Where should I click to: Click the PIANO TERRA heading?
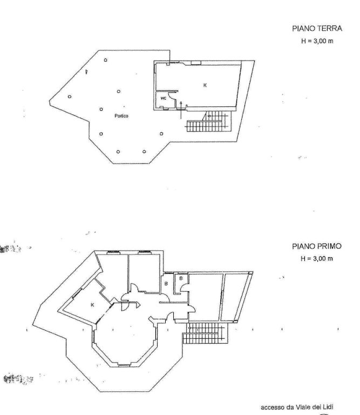click(317, 29)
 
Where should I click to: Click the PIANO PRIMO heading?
click(317, 246)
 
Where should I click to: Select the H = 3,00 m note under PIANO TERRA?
click(317, 41)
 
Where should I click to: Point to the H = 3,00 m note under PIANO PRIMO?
click(317, 259)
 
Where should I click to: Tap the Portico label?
click(121, 116)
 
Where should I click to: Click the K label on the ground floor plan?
click(205, 85)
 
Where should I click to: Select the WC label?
click(164, 98)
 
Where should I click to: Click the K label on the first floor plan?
click(92, 305)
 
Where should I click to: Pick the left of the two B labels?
click(166, 284)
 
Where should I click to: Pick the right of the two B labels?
click(181, 278)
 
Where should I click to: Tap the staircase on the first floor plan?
click(206, 333)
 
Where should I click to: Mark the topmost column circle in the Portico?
click(105, 60)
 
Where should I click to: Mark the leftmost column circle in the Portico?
click(70, 97)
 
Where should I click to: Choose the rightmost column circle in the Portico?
click(161, 133)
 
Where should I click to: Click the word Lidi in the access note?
click(328, 407)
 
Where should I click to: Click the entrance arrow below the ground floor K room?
click(181, 110)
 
